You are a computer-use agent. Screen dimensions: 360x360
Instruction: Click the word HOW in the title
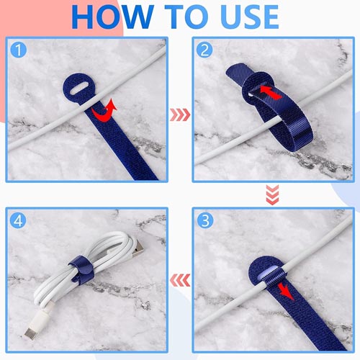click(x=112, y=17)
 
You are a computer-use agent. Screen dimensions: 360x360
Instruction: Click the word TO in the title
click(x=186, y=17)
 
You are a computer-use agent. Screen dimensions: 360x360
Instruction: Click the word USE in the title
click(x=249, y=17)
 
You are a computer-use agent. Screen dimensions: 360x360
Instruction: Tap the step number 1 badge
click(x=19, y=50)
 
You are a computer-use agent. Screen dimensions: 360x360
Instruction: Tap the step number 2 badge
click(x=204, y=50)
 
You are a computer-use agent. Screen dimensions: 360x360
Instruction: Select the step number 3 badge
click(x=205, y=220)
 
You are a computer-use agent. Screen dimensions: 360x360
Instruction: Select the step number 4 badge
click(x=18, y=220)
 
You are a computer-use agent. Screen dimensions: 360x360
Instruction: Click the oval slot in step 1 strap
click(x=80, y=88)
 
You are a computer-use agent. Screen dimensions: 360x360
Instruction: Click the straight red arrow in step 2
click(x=271, y=93)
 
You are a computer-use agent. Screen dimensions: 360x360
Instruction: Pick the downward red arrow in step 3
click(x=286, y=292)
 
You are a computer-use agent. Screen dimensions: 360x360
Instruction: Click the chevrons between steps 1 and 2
click(x=180, y=114)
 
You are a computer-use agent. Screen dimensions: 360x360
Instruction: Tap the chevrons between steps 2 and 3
click(x=272, y=195)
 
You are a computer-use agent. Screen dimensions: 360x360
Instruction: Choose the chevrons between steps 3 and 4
click(x=180, y=280)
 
